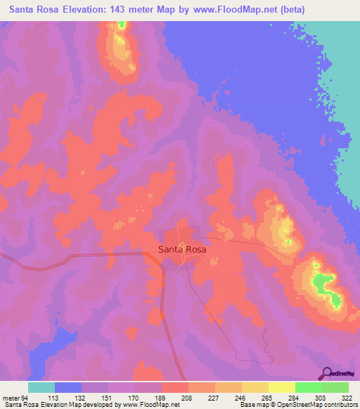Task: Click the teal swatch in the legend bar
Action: (41, 387)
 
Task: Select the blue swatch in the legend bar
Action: (68, 387)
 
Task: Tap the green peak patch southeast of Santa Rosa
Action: (323, 284)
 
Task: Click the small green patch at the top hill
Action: (120, 25)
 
